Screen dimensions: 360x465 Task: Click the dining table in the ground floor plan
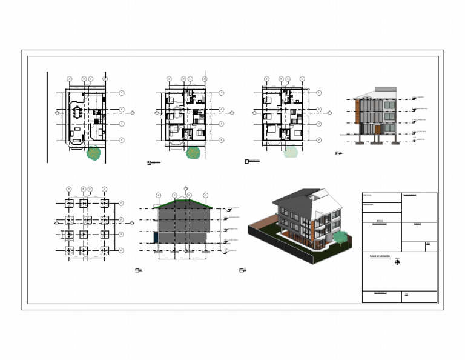tap(77, 113)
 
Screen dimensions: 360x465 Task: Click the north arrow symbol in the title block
tap(397, 262)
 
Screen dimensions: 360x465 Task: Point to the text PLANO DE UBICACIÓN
tap(380, 256)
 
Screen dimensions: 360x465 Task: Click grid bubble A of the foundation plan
tap(68, 189)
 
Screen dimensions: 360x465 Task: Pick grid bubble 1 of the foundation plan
tap(122, 203)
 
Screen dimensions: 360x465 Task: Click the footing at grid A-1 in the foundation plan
tap(68, 203)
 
